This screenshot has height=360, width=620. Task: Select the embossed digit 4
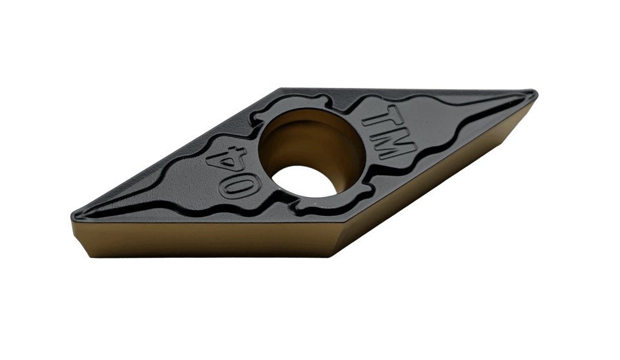pos(225,160)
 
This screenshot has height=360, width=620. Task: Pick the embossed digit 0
pos(240,186)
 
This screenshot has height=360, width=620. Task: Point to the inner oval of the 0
pos(240,187)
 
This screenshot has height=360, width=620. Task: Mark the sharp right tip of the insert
pos(536,94)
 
